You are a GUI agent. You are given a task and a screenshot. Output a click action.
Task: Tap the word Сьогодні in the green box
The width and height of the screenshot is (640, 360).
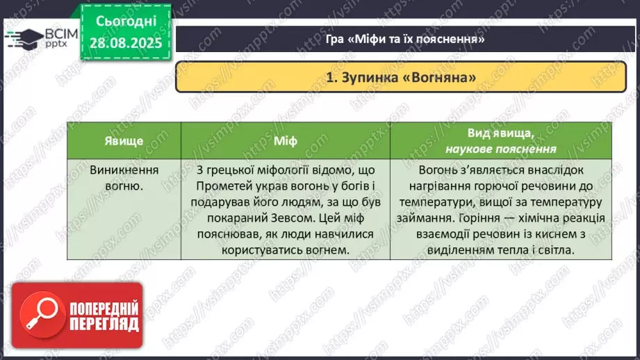pyautogui.click(x=125, y=22)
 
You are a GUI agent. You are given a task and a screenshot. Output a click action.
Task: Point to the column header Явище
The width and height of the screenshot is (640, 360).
pyautogui.click(x=124, y=141)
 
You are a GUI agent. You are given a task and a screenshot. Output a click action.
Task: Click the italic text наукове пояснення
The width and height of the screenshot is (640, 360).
pyautogui.click(x=500, y=149)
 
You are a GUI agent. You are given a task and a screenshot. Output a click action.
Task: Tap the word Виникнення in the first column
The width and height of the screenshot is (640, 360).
pyautogui.click(x=124, y=170)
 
